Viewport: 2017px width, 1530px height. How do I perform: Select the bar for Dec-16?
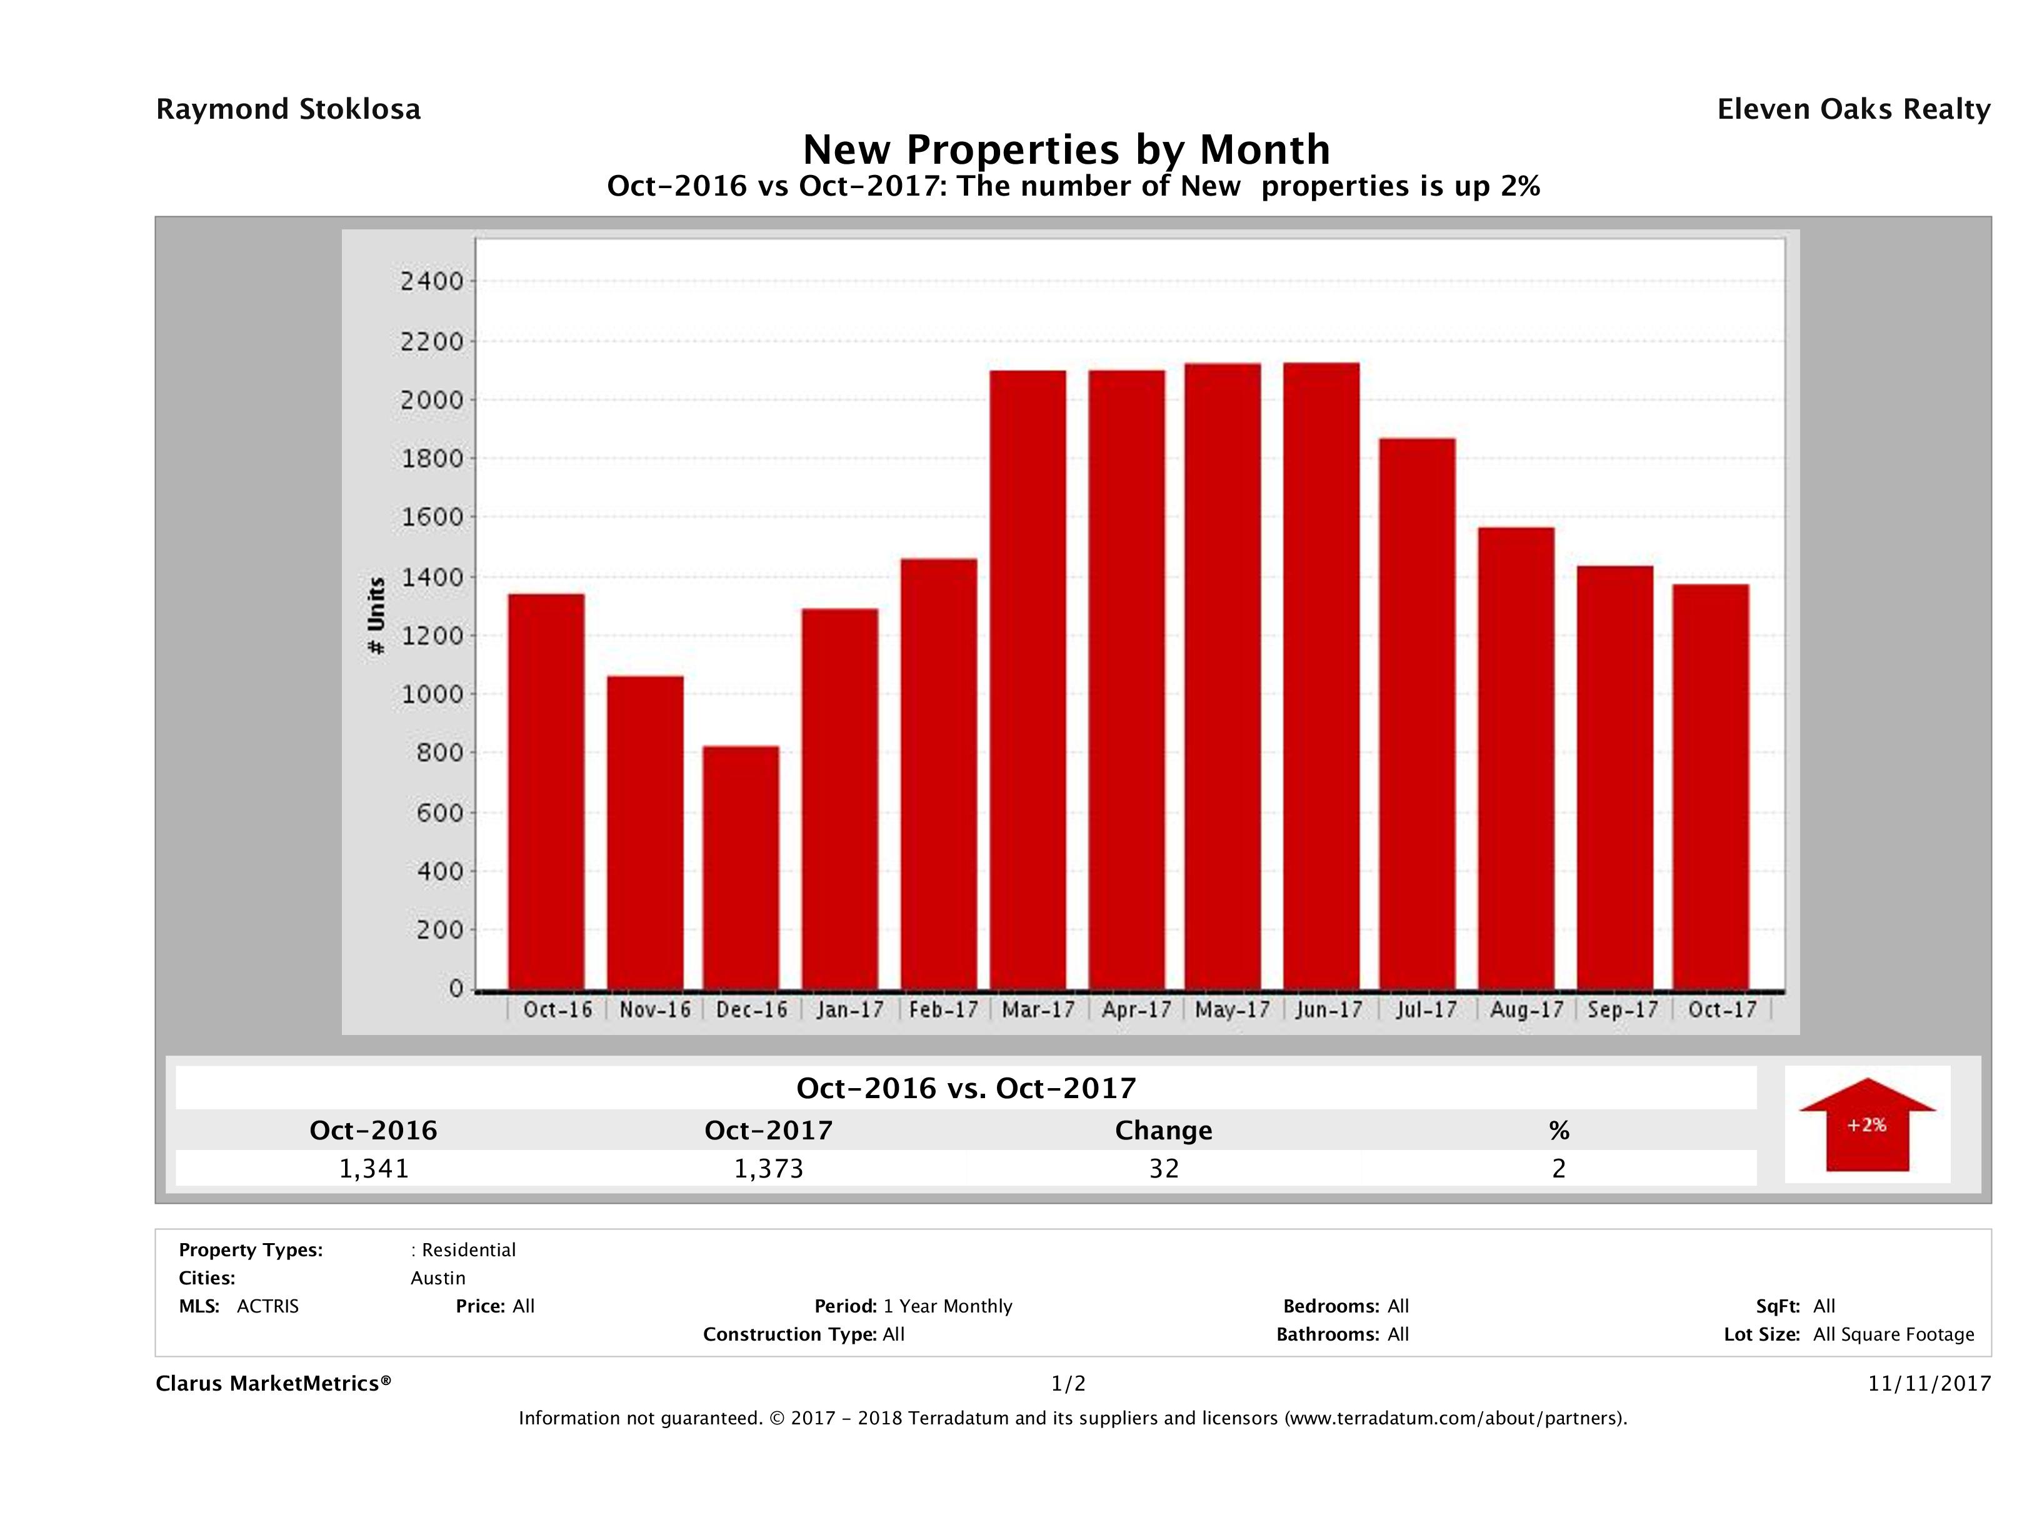(741, 868)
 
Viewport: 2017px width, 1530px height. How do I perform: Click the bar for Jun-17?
(1321, 676)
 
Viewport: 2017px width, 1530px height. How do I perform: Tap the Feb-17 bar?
(938, 774)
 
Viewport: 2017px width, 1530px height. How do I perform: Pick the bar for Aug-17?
(1516, 759)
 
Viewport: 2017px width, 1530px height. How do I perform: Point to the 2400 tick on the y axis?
(433, 282)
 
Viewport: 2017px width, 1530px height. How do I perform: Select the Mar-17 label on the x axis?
(1039, 1010)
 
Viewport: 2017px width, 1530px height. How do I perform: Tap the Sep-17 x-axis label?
(1623, 1010)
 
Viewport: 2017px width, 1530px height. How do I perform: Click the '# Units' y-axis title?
(376, 616)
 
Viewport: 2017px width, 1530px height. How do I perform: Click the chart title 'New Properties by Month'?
(1066, 149)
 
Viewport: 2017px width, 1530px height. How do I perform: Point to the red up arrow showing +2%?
(1866, 1124)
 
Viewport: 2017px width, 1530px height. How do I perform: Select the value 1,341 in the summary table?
(374, 1169)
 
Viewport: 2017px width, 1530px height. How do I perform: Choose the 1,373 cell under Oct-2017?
(769, 1169)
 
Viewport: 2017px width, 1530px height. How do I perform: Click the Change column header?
(1164, 1131)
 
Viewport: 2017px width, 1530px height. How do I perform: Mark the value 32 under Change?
(1164, 1169)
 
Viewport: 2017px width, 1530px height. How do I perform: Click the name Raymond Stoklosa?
(288, 109)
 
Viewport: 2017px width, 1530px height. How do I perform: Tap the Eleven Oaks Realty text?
(1853, 109)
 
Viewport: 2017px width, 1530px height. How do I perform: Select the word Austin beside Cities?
(438, 1278)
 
